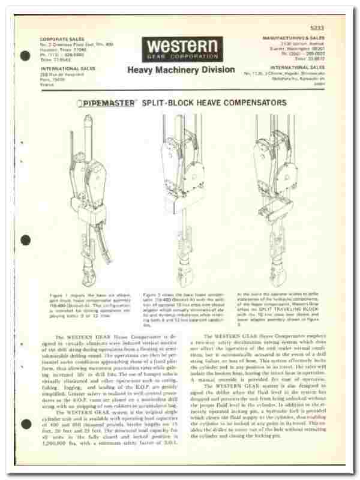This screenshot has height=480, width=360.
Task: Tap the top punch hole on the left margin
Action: pos(25,56)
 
